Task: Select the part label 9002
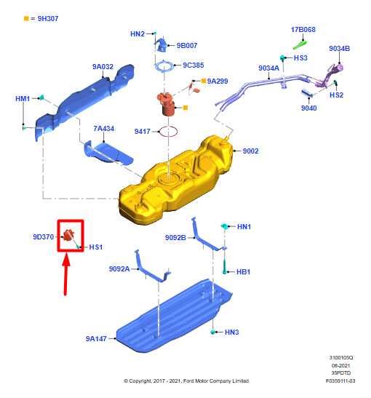(x=250, y=151)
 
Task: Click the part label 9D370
(x=43, y=236)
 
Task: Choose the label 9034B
(x=339, y=49)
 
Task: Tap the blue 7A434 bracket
(x=108, y=151)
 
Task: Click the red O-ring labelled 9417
(x=169, y=132)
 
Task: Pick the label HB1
(x=244, y=271)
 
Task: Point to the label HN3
(x=231, y=333)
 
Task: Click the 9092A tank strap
(x=149, y=269)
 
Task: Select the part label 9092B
(x=175, y=237)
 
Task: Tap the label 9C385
(x=193, y=65)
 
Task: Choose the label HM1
(x=23, y=98)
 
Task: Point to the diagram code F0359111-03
(x=340, y=381)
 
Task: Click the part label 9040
(x=308, y=108)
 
